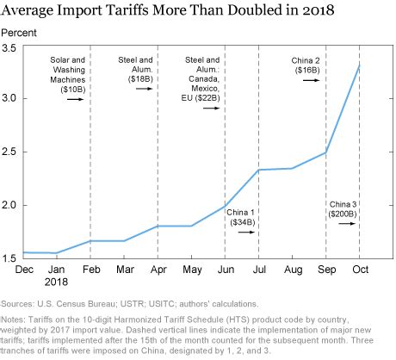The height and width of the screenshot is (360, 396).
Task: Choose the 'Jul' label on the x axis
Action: click(258, 271)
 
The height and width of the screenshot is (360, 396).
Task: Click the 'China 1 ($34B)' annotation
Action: click(241, 216)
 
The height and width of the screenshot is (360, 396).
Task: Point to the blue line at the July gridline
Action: click(258, 170)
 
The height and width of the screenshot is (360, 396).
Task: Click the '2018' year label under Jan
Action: click(57, 283)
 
